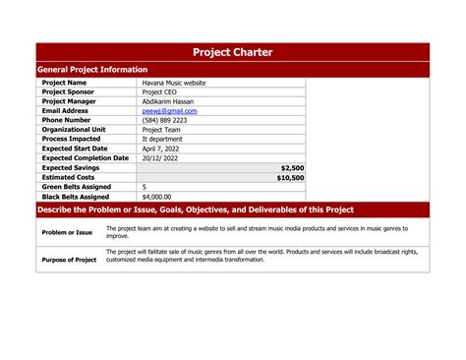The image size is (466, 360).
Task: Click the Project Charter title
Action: (x=233, y=52)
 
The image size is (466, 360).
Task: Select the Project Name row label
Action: (x=64, y=83)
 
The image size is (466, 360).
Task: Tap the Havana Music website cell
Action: (x=174, y=83)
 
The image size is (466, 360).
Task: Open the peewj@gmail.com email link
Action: (x=169, y=111)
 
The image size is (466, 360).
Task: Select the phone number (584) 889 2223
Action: (x=164, y=120)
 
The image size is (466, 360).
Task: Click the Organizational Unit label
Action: (x=74, y=130)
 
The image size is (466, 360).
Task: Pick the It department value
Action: (x=162, y=139)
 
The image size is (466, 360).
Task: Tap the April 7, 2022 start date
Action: (x=161, y=149)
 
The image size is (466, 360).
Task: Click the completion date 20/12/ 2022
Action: (x=161, y=157)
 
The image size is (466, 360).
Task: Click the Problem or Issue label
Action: (x=67, y=233)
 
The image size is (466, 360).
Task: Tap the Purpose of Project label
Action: (x=69, y=260)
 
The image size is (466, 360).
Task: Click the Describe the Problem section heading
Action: (x=195, y=210)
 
